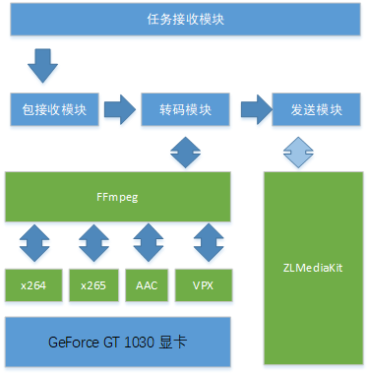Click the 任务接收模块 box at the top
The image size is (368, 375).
pyautogui.click(x=183, y=19)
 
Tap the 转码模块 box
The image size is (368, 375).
pyautogui.click(x=186, y=109)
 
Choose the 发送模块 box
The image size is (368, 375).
pyautogui.click(x=316, y=109)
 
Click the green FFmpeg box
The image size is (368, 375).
pyautogui.click(x=118, y=196)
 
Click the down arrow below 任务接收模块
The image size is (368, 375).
pyautogui.click(x=42, y=66)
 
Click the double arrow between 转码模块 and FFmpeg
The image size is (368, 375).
pyautogui.click(x=186, y=151)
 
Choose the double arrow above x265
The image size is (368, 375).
pyautogui.click(x=93, y=242)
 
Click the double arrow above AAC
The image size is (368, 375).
pyautogui.click(x=148, y=242)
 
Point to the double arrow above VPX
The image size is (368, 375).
pyautogui.click(x=209, y=242)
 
